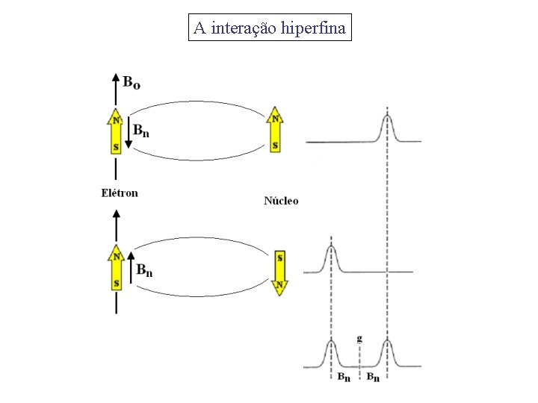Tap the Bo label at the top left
(x=132, y=81)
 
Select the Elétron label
(x=120, y=193)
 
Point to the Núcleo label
(x=281, y=201)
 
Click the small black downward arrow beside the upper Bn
(x=128, y=134)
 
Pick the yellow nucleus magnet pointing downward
(x=279, y=273)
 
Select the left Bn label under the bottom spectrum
(x=344, y=378)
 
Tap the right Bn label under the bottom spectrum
(x=373, y=378)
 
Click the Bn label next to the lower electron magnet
(x=145, y=270)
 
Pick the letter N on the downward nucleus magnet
(x=279, y=284)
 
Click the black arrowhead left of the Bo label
(x=115, y=77)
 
